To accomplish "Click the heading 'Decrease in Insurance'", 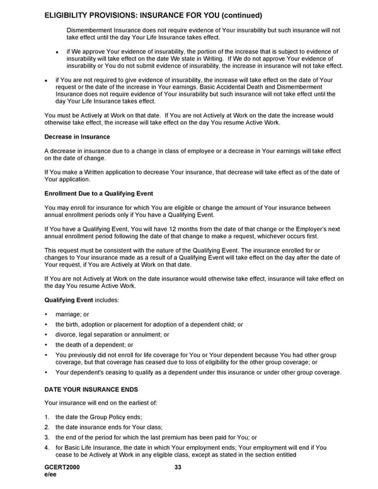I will (x=77, y=137).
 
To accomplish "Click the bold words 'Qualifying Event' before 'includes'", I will (x=69, y=301).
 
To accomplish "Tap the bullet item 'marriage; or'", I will (x=72, y=314).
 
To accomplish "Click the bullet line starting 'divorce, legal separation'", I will (x=112, y=335).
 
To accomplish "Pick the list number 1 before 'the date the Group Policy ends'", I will (x=47, y=417).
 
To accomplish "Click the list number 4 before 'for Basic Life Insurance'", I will (x=47, y=447).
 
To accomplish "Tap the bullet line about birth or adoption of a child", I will (x=149, y=325).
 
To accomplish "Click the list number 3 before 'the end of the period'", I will (x=47, y=437).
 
